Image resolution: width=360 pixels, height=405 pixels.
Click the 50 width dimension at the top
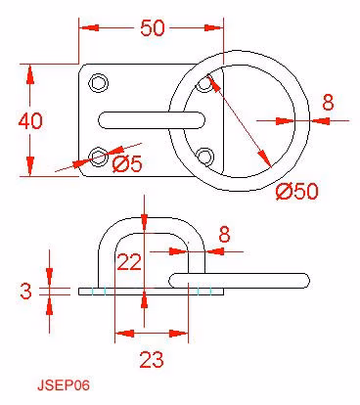pyautogui.click(x=153, y=28)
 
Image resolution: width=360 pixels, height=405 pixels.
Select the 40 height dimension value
pyautogui.click(x=30, y=120)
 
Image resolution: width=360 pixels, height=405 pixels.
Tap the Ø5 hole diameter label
pyautogui.click(x=127, y=163)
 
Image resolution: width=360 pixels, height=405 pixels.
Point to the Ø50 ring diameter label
pyautogui.click(x=296, y=191)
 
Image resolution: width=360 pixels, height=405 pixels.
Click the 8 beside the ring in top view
pyautogui.click(x=328, y=102)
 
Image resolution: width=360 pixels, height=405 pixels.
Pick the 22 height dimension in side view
pyautogui.click(x=129, y=262)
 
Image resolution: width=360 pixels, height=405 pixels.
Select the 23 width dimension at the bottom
pyautogui.click(x=152, y=360)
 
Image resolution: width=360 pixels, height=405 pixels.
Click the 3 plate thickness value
pyautogui.click(x=25, y=291)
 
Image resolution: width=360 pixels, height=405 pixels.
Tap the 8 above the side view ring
pyautogui.click(x=224, y=234)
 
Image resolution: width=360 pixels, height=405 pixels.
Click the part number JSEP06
pyautogui.click(x=64, y=385)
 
